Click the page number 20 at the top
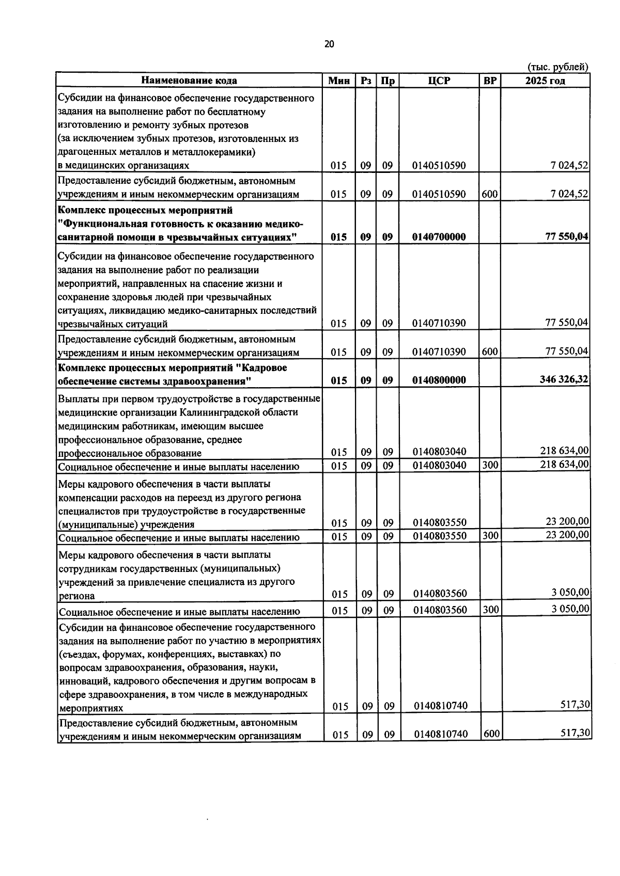[x=329, y=44]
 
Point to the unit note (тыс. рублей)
[x=557, y=67]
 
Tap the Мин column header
[x=339, y=81]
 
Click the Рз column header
[x=366, y=81]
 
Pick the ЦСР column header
[x=439, y=81]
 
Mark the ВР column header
[x=490, y=81]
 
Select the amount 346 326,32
[x=564, y=379]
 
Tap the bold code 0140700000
[x=439, y=237]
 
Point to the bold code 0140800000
[x=439, y=380]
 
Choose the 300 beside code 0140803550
[x=490, y=536]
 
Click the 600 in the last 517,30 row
[x=491, y=734]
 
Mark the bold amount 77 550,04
[x=567, y=236]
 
